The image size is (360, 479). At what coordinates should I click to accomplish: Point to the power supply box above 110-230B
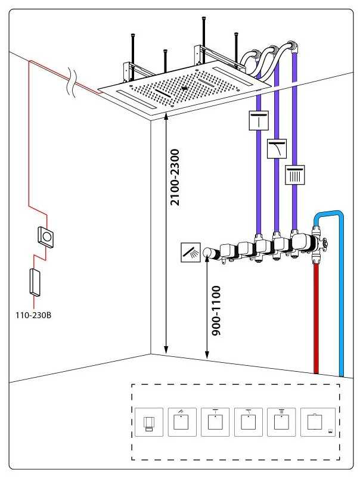click(x=35, y=282)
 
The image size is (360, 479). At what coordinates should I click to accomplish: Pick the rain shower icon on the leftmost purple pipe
click(x=258, y=121)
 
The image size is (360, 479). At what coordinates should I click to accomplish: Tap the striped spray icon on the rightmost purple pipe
click(x=296, y=175)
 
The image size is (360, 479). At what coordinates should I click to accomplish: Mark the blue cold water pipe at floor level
click(x=342, y=369)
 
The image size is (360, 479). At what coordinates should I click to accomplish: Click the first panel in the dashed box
click(x=148, y=424)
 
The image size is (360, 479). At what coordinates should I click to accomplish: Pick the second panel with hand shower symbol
click(x=181, y=423)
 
